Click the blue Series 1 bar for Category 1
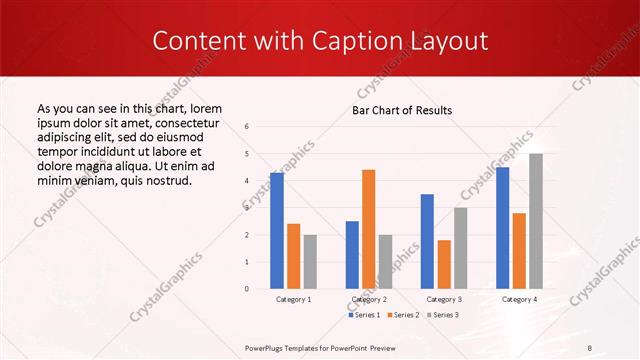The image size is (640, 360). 276,231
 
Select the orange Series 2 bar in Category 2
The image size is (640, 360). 368,229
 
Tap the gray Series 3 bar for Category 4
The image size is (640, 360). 536,221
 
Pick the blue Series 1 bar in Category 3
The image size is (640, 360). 427,241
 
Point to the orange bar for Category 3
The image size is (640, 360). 444,264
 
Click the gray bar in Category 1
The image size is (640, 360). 310,261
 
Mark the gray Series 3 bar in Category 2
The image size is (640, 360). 385,261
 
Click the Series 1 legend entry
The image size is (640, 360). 363,315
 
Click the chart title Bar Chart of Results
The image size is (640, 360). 402,110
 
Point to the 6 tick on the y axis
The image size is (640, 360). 247,126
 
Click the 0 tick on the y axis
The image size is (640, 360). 247,289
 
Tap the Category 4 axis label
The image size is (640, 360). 519,299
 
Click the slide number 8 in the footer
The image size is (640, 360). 589,347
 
